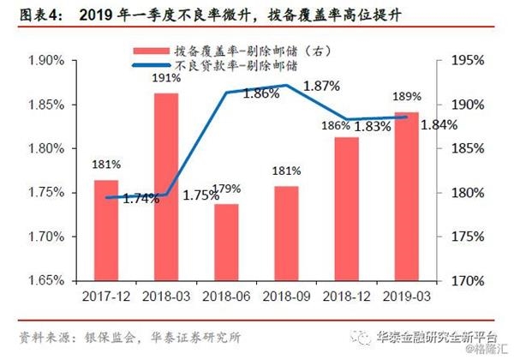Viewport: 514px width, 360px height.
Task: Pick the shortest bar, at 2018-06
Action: (x=226, y=242)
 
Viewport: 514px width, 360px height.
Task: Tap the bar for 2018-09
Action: (x=286, y=233)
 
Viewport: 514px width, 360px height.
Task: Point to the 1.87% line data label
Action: (x=322, y=86)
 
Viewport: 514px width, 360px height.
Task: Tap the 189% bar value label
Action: (x=406, y=96)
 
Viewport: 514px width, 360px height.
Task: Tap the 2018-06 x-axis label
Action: (x=226, y=297)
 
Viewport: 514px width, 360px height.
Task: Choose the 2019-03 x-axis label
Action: (x=406, y=297)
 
